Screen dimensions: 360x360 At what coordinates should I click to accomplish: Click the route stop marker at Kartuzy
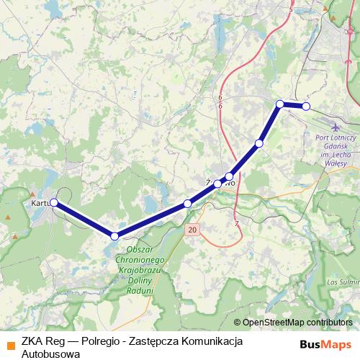pyautogui.click(x=53, y=203)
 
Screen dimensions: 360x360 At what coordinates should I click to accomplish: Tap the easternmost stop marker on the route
pyautogui.click(x=306, y=107)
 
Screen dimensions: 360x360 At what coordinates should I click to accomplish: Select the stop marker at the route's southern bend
pyautogui.click(x=114, y=235)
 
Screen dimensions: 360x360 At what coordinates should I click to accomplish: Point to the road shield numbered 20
pyautogui.click(x=191, y=229)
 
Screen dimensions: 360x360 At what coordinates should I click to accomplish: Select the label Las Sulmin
pyautogui.click(x=342, y=282)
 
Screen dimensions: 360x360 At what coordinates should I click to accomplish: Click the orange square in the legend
pyautogui.click(x=10, y=344)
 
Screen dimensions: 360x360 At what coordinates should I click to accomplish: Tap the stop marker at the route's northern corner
pyautogui.click(x=280, y=104)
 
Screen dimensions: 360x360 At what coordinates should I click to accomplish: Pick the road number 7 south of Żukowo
pyautogui.click(x=236, y=224)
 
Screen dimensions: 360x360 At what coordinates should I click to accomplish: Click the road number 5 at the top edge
pyautogui.click(x=291, y=9)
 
